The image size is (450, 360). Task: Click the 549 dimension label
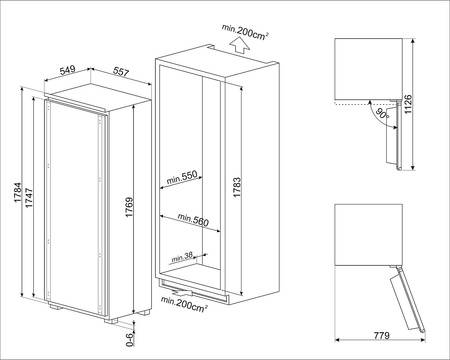tap(67, 70)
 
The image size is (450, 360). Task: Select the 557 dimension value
tap(121, 71)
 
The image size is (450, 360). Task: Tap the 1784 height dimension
tap(18, 193)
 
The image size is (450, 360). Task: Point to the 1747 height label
tap(29, 198)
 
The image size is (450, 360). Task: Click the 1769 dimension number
tap(129, 207)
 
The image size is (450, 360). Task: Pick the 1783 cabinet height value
tap(237, 187)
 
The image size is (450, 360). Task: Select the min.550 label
tap(182, 177)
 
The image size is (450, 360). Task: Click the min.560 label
tap(193, 220)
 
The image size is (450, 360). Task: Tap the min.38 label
tap(182, 257)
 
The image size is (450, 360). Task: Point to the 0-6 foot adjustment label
tap(130, 340)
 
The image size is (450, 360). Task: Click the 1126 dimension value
tap(408, 104)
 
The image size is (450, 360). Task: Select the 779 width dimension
tap(381, 335)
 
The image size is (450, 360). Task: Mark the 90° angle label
tap(382, 114)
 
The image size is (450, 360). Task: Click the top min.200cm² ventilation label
tap(246, 33)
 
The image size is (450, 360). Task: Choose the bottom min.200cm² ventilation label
tap(184, 304)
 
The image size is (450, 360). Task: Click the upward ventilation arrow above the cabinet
tap(240, 46)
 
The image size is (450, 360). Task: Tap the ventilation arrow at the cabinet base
tap(183, 293)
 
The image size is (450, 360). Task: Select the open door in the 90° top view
tap(393, 136)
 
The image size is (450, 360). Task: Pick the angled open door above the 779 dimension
tap(407, 298)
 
